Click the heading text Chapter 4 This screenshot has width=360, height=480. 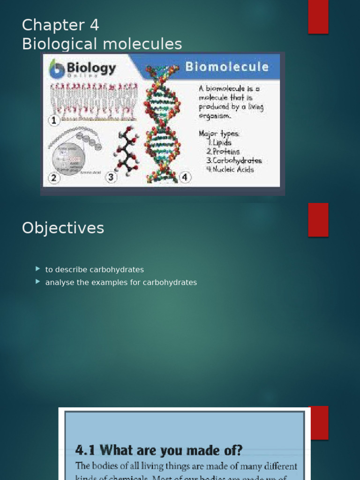point(60,25)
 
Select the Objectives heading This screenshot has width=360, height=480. point(63,228)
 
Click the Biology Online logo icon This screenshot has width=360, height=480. point(57,68)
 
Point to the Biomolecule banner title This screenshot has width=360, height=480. point(227,67)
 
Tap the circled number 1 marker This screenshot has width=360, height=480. point(54,120)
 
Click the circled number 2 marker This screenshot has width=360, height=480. point(54,178)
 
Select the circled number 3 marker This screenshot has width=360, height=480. point(111,177)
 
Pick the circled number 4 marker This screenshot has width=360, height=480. point(185,177)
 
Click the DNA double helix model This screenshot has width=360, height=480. point(162,124)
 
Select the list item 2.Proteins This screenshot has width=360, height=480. point(223,151)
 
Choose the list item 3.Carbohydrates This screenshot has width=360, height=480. point(233,160)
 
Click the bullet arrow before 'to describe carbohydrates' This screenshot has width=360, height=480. point(38,269)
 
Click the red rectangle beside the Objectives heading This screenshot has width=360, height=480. point(318,220)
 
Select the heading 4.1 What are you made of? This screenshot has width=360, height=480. point(159,450)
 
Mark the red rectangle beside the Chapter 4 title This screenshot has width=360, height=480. point(318,17)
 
